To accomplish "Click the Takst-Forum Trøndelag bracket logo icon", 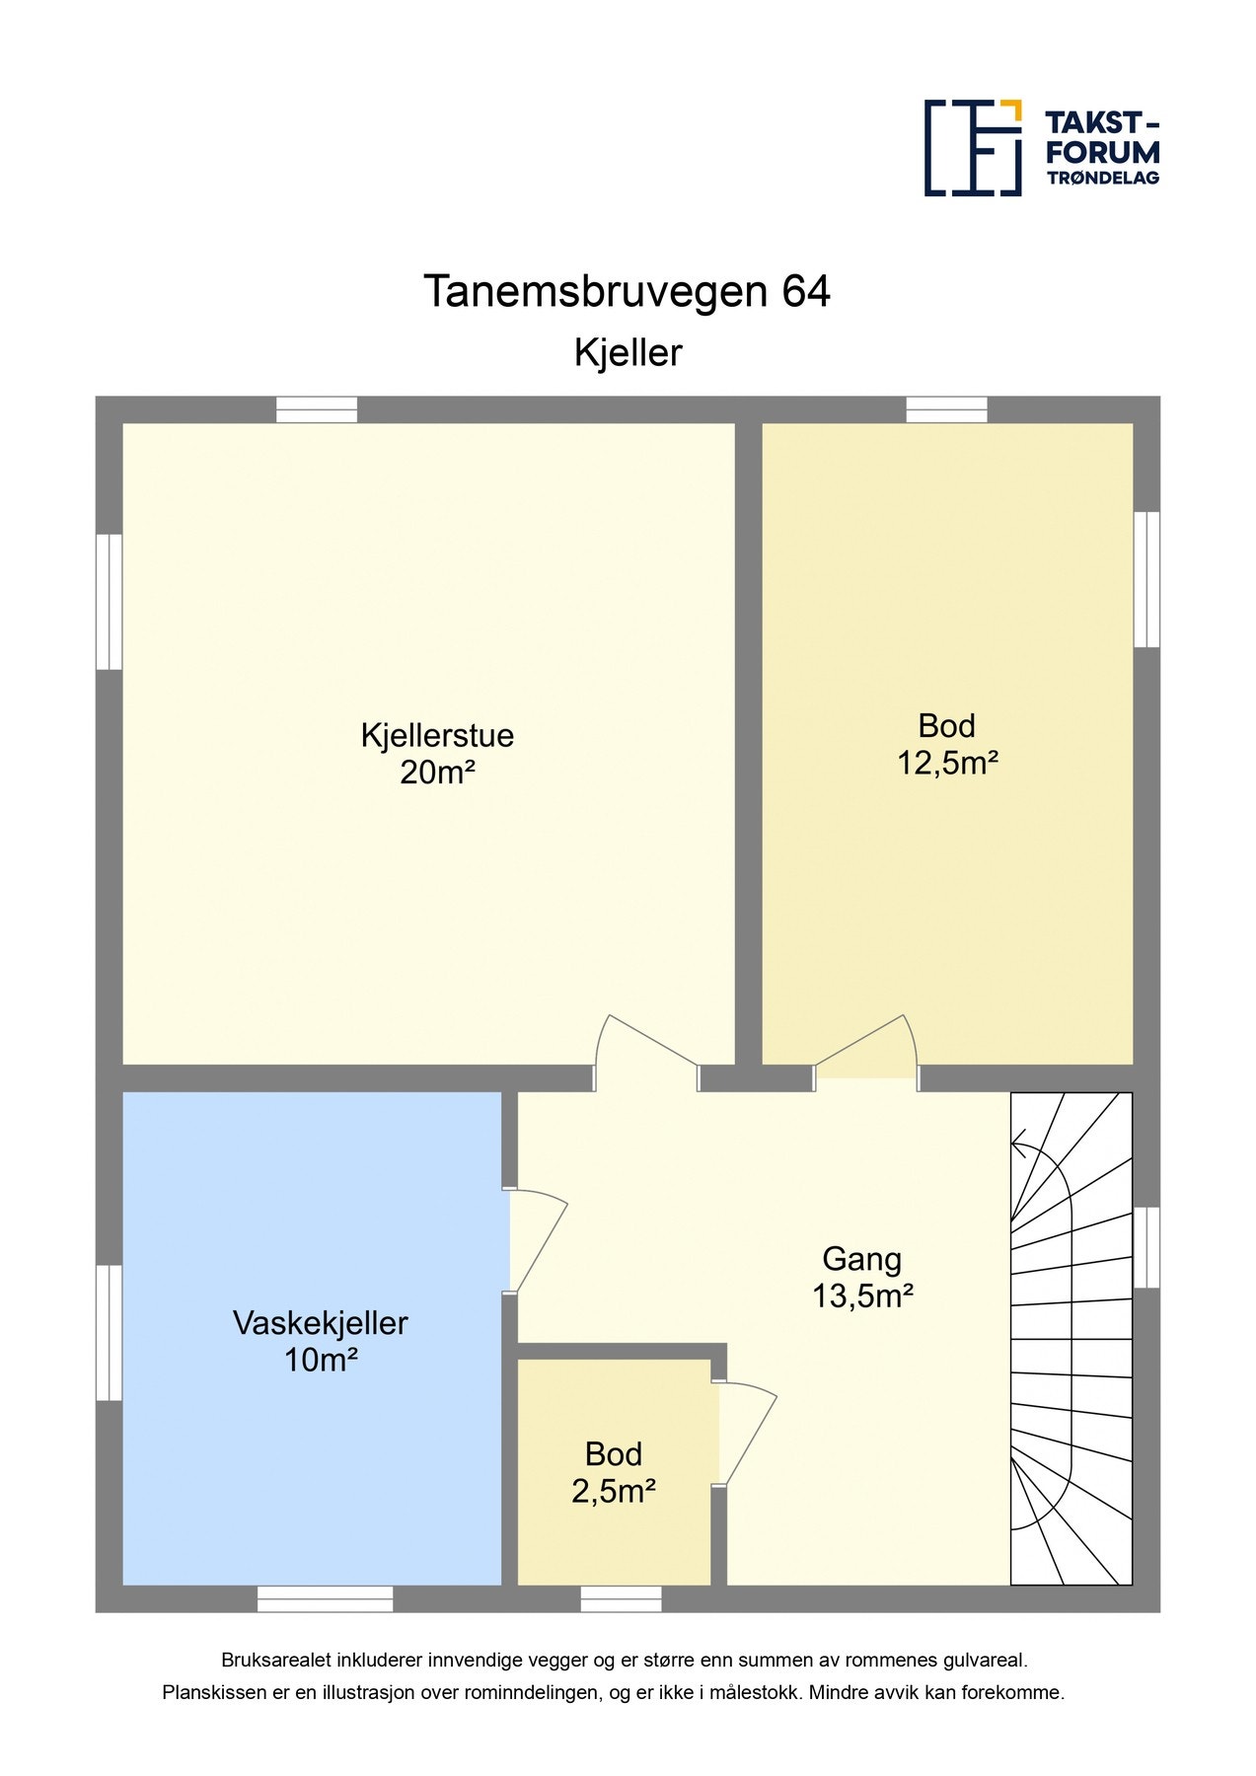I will click(x=972, y=147).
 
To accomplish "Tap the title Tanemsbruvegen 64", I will click(x=627, y=292).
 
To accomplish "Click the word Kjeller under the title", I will click(x=628, y=353).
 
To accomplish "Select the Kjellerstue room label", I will click(x=437, y=736).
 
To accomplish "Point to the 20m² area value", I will click(x=437, y=773).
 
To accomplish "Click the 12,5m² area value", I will click(x=947, y=763).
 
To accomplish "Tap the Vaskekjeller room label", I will click(x=320, y=1323).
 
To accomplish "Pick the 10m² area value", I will click(x=320, y=1361).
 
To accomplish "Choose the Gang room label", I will click(x=861, y=1259).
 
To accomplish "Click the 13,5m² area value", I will click(x=861, y=1295).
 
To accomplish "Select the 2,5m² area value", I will click(x=614, y=1491).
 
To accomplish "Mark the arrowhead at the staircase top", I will click(x=1019, y=1146).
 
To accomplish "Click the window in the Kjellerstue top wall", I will click(x=316, y=409).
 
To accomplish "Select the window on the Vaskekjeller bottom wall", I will click(x=325, y=1598).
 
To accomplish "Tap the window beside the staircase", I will click(x=1145, y=1247).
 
